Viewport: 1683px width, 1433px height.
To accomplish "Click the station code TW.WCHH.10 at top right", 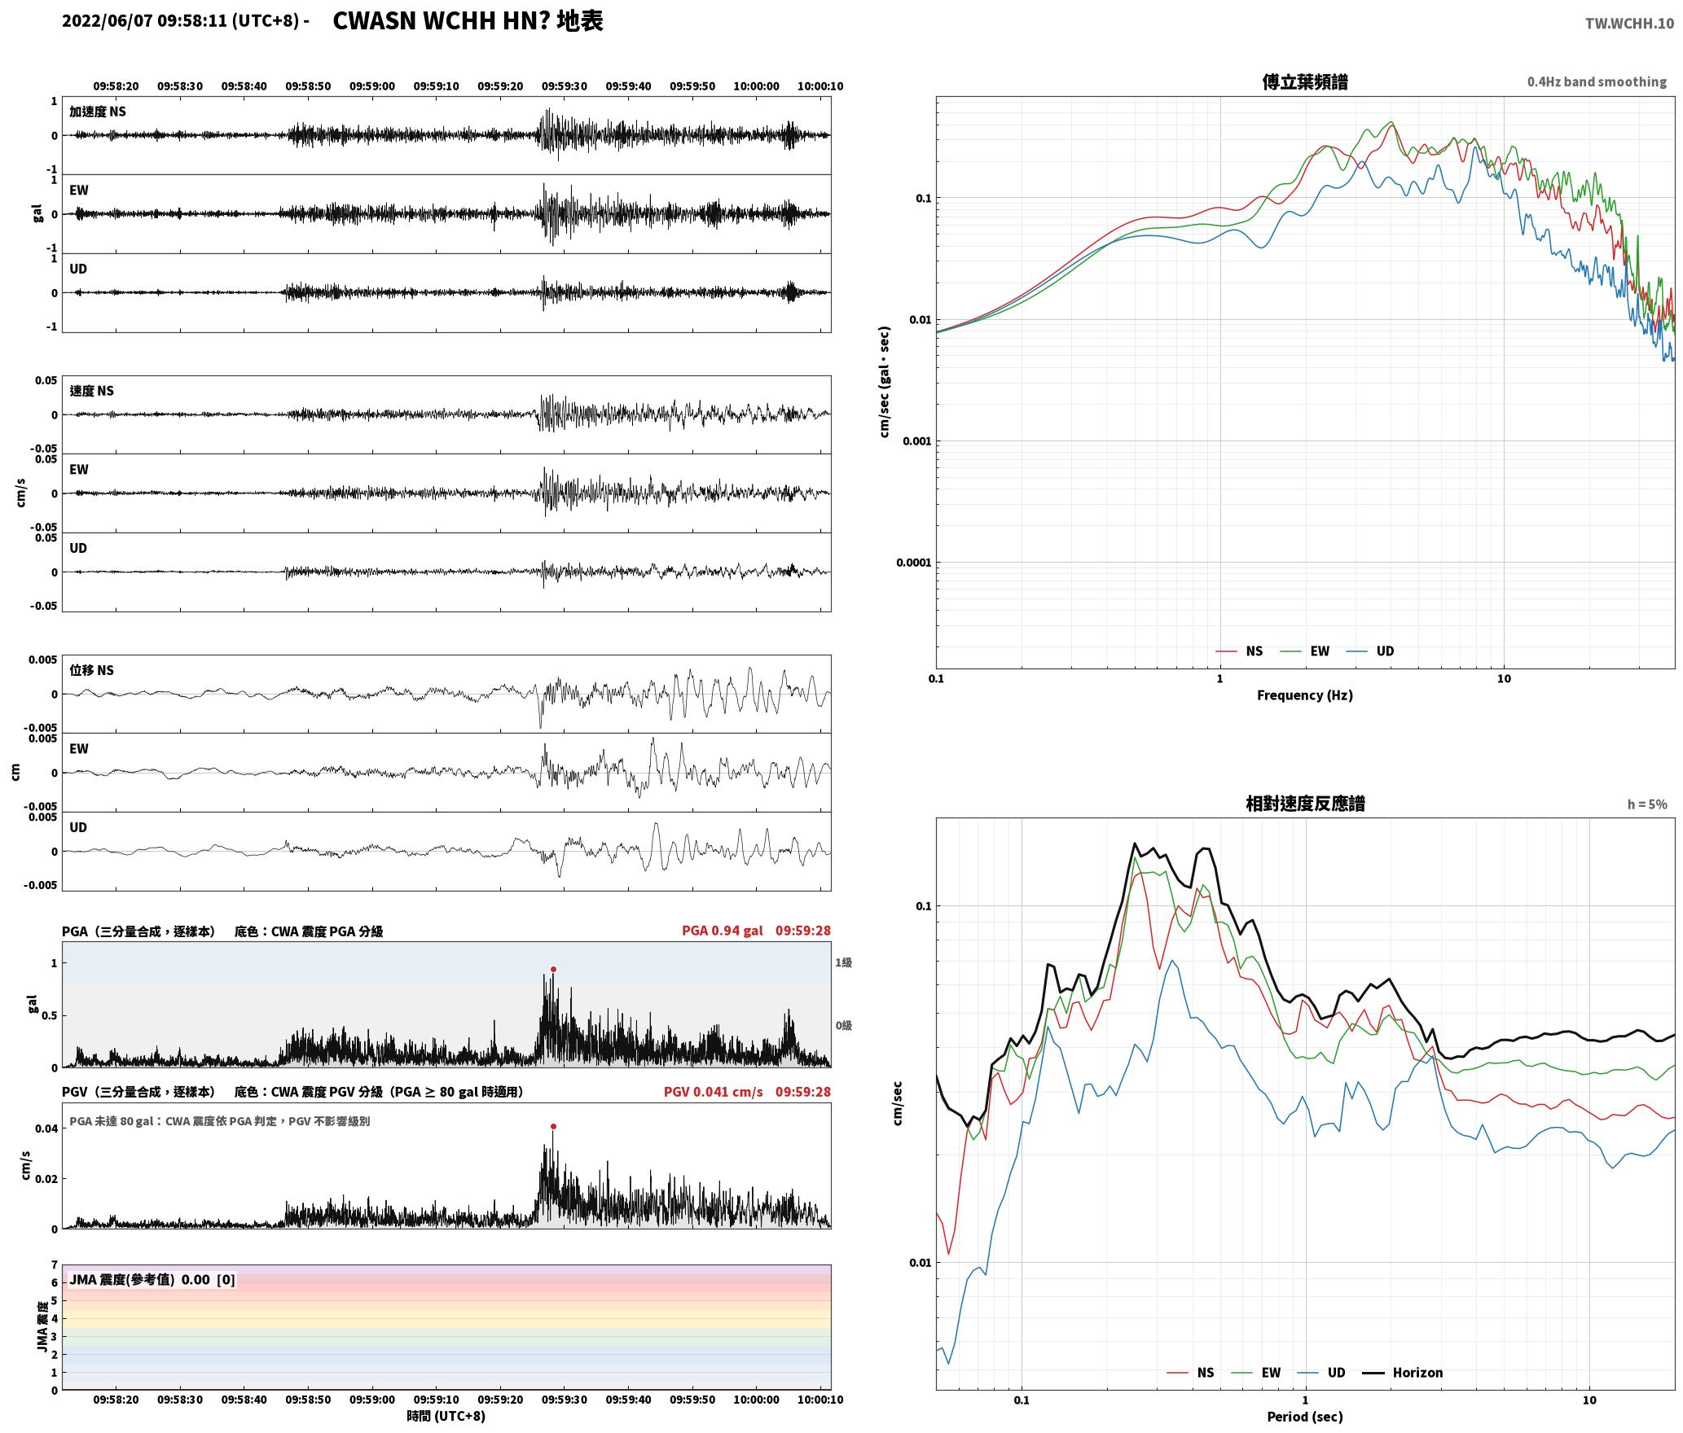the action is (1629, 24).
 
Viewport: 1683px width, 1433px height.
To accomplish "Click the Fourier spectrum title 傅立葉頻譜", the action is (1304, 82).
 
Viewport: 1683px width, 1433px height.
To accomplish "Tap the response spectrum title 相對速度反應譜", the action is (1305, 804).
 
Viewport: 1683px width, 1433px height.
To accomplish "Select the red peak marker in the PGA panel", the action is (553, 969).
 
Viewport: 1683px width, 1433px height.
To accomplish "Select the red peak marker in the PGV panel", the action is (553, 1127).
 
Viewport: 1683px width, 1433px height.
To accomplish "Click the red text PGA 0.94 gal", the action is (722, 931).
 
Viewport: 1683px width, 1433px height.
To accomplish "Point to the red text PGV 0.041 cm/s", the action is (713, 1092).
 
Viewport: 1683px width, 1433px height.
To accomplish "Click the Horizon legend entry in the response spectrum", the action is (1403, 1373).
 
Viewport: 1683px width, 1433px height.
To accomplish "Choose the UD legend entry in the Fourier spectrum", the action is (1369, 651).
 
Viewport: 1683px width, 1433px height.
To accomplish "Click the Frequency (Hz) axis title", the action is (1304, 695).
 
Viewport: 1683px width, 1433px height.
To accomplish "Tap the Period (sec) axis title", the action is (1304, 1417).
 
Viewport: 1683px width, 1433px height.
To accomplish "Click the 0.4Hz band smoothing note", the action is (1597, 82).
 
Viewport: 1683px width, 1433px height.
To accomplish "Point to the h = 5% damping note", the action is (1647, 804).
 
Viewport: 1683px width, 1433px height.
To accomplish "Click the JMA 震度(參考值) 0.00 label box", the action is (152, 1280).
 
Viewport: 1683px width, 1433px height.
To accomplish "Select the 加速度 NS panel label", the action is (98, 112).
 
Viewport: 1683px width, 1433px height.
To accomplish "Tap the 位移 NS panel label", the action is (91, 670).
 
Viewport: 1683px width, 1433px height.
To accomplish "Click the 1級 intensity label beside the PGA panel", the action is (843, 963).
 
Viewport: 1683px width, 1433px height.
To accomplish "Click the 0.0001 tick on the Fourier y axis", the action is (913, 563).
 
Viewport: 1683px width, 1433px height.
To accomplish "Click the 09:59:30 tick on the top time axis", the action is (565, 86).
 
